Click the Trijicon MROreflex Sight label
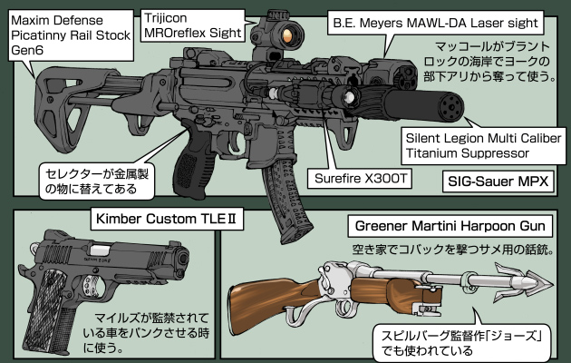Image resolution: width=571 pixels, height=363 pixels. pos(191,25)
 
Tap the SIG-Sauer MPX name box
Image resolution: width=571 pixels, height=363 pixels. pos(499,181)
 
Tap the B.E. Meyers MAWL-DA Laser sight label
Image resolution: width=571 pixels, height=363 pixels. pos(434,19)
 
